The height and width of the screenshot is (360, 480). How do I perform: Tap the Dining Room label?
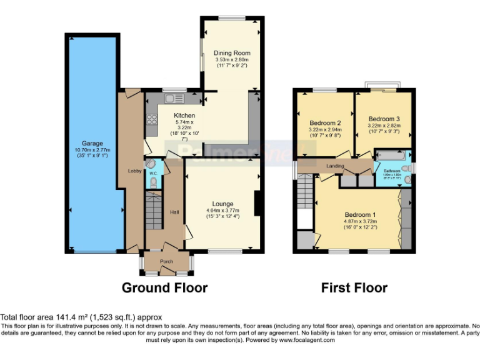click(232, 54)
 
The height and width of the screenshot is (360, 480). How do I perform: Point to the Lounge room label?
click(222, 204)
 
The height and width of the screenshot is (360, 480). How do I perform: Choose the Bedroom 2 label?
click(325, 123)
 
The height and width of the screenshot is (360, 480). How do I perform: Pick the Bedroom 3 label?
click(384, 119)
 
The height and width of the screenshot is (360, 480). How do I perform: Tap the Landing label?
click(336, 166)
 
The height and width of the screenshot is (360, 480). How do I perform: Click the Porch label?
click(166, 261)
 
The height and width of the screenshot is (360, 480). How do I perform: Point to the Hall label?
click(174, 212)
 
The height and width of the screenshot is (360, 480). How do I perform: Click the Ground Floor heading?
click(164, 287)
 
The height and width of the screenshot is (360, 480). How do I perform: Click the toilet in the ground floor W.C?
click(154, 182)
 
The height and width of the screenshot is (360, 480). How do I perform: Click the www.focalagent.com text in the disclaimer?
click(307, 341)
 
